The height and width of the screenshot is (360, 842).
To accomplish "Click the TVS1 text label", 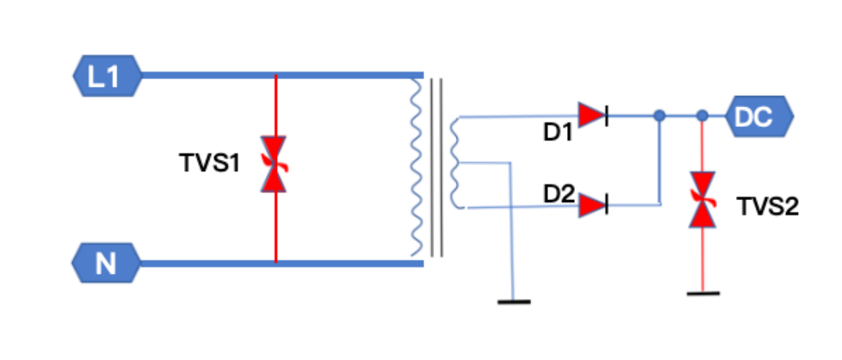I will tap(210, 163).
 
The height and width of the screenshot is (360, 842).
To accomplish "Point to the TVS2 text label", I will tap(767, 207).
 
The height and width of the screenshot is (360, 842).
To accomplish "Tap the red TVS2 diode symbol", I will tap(702, 199).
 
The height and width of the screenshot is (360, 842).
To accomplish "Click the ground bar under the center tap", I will tap(514, 301).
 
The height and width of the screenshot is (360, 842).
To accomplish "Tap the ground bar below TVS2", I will tap(703, 293).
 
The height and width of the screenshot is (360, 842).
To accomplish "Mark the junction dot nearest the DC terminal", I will tap(702, 116).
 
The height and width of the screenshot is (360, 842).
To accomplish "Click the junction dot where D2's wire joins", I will tap(660, 116).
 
